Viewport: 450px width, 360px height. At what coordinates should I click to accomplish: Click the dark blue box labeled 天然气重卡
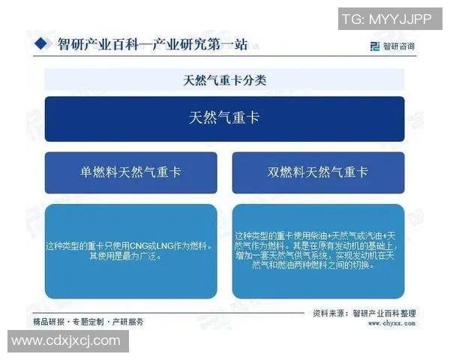[224, 118]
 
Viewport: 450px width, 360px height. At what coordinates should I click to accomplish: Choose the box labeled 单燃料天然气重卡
[130, 172]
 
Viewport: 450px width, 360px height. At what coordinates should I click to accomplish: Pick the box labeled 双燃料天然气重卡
[318, 172]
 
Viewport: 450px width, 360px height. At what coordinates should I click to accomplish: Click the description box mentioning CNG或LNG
[130, 251]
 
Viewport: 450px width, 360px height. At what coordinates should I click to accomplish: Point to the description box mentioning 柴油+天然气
[318, 251]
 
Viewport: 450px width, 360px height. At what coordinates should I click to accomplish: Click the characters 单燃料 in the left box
[97, 172]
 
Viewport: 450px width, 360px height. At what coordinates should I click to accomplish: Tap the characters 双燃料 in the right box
[284, 172]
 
